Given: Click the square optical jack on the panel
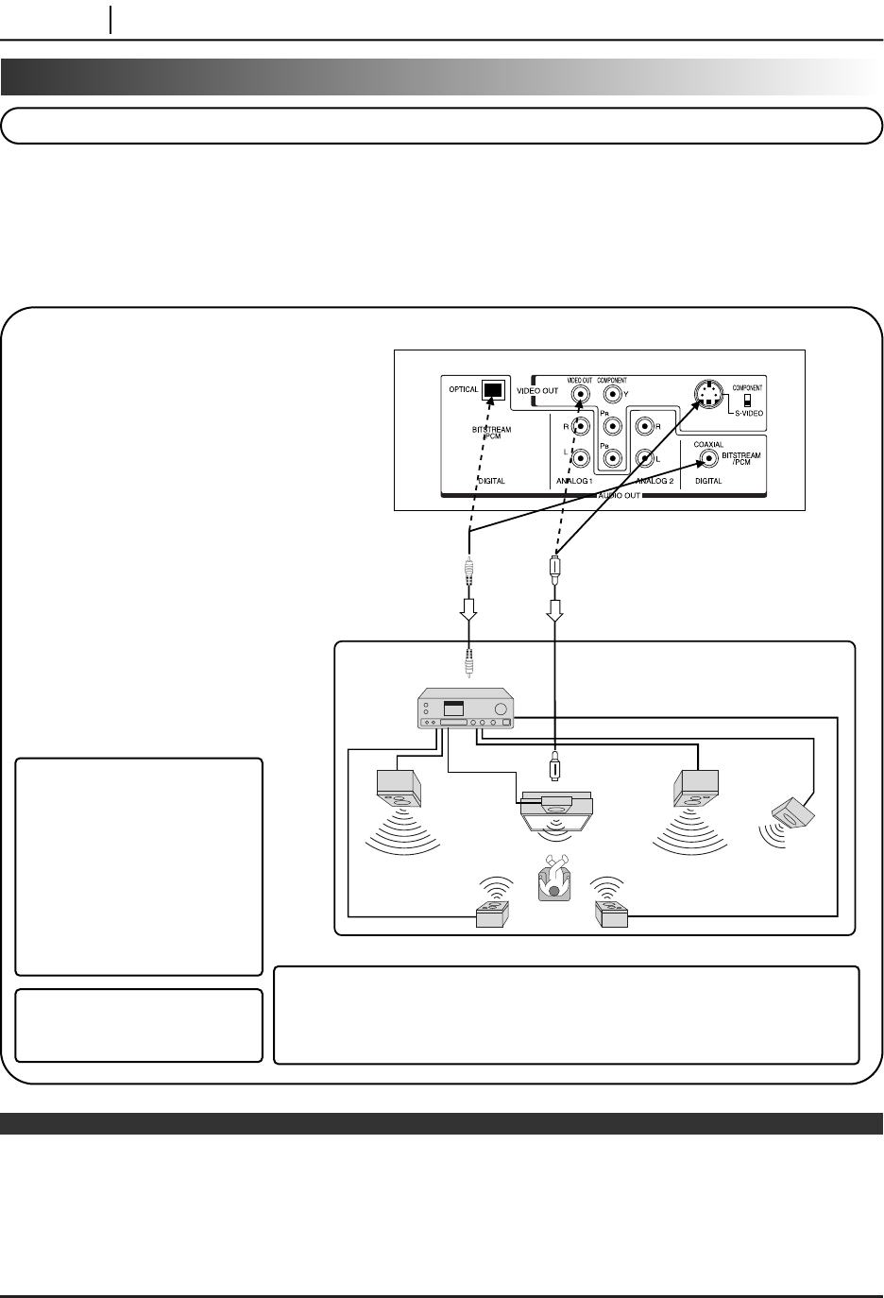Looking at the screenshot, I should [x=493, y=390].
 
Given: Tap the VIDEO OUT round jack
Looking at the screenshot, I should [x=579, y=399].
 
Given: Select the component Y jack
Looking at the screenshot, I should [x=613, y=399].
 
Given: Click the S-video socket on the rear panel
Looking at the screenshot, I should [x=705, y=394].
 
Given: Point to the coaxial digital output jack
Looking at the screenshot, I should [x=708, y=460].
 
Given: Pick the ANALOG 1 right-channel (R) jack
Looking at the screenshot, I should [x=580, y=427].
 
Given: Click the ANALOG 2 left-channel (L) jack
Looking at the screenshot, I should [x=646, y=459].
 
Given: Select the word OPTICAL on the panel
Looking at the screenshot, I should [x=464, y=389].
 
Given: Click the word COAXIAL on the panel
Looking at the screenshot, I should [x=708, y=444].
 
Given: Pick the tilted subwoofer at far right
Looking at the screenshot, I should [x=794, y=811].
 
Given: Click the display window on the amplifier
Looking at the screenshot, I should [x=454, y=709].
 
